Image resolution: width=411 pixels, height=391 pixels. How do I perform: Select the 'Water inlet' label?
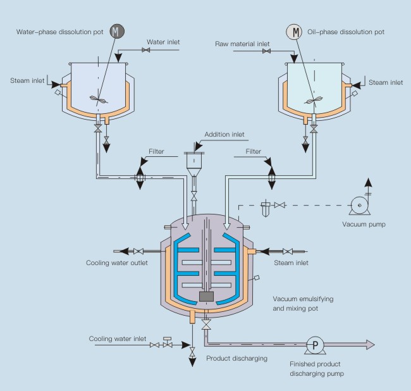tap(163, 42)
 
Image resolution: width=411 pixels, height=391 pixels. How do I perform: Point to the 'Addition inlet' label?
tap(224, 135)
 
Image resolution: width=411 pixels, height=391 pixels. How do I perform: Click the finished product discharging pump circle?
tap(314, 344)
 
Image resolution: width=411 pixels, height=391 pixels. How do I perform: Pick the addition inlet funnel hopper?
tap(195, 162)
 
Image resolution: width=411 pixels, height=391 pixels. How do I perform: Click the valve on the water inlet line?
tap(146, 50)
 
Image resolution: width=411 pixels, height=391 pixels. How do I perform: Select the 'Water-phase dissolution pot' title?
tap(59, 32)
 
